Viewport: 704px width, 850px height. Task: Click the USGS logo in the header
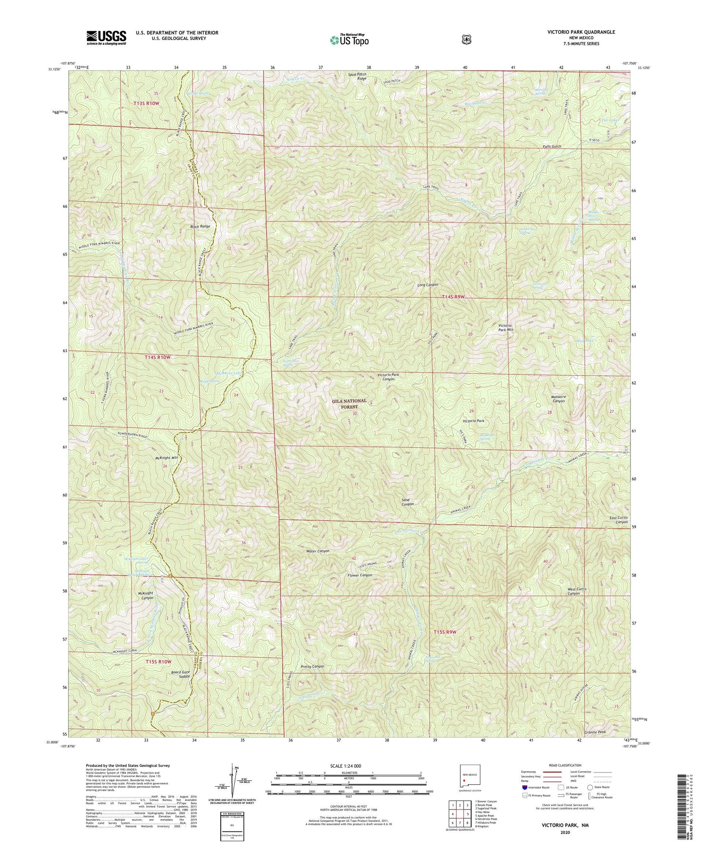[x=106, y=37]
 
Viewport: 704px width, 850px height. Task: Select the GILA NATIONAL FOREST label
[x=349, y=404]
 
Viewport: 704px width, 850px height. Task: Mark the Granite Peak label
[x=597, y=732]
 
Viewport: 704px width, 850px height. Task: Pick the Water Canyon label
[x=318, y=551]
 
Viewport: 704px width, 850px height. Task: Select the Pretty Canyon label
[x=312, y=666]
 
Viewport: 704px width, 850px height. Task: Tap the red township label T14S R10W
[x=158, y=357]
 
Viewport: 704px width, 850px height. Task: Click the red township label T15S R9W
[x=445, y=632]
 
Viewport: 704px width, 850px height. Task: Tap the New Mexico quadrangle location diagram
[x=470, y=777]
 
